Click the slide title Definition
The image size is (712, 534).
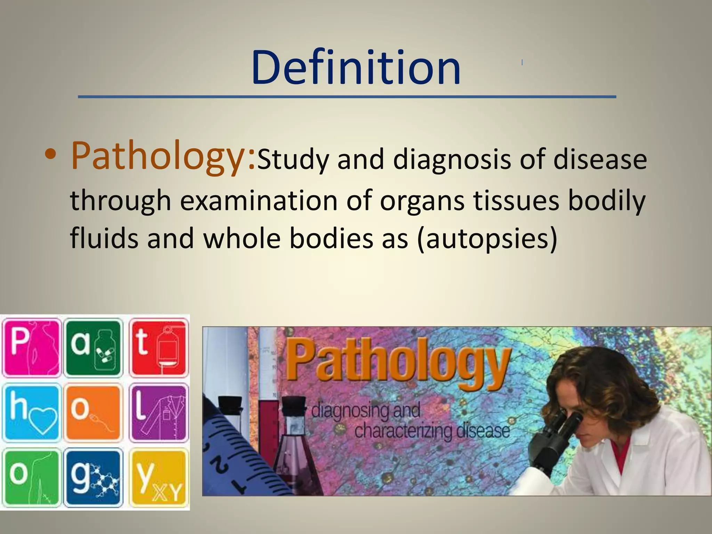tap(356, 68)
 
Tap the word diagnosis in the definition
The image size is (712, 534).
tap(452, 160)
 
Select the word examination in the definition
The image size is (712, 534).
tap(259, 201)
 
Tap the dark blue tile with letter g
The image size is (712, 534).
tap(95, 477)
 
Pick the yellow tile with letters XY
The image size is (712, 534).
tap(159, 477)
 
